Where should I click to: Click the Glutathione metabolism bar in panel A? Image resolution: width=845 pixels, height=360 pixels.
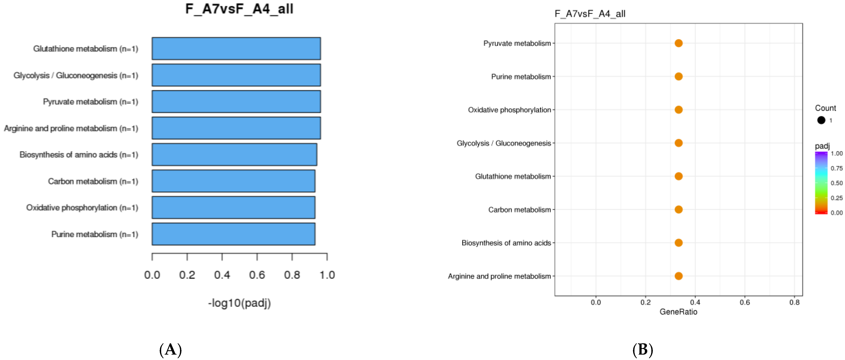click(x=236, y=49)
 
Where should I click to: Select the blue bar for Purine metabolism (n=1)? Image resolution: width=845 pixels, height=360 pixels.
click(x=233, y=234)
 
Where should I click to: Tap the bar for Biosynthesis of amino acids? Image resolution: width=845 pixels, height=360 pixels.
click(x=234, y=155)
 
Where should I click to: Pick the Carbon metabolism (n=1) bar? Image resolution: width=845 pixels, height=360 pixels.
click(x=233, y=181)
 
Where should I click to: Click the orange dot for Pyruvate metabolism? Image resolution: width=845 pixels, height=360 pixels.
click(x=678, y=43)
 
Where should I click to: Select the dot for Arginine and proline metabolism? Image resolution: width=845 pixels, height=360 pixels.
click(x=678, y=276)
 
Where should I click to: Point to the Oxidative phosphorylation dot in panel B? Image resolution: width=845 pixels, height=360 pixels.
click(x=678, y=110)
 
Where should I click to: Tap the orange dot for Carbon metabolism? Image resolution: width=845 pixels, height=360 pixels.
click(x=678, y=209)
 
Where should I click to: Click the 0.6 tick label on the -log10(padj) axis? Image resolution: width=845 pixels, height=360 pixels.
click(x=257, y=275)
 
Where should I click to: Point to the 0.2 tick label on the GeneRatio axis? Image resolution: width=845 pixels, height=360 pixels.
click(x=645, y=302)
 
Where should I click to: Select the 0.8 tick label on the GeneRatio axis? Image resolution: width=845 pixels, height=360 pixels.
click(x=794, y=302)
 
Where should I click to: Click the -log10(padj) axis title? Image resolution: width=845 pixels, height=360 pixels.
click(x=239, y=303)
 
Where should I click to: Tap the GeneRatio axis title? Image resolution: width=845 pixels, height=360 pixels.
click(x=678, y=312)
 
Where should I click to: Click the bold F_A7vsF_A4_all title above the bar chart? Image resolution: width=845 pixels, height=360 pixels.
click(x=239, y=9)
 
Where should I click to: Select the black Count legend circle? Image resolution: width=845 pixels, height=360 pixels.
click(x=821, y=120)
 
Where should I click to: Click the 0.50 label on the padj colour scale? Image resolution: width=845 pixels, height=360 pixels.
click(x=837, y=183)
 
